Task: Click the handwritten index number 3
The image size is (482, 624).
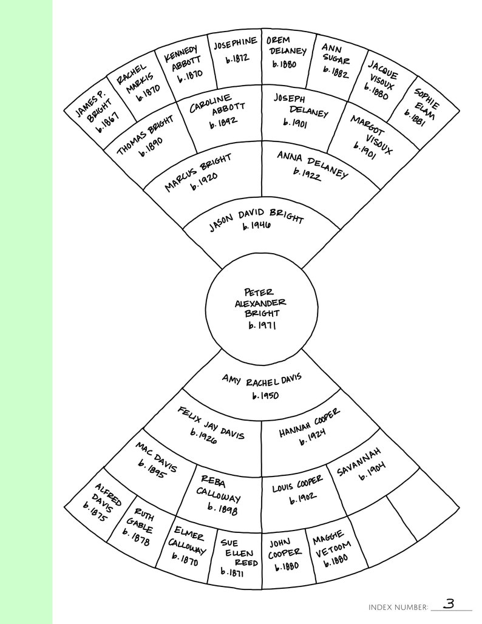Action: pyautogui.click(x=449, y=603)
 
